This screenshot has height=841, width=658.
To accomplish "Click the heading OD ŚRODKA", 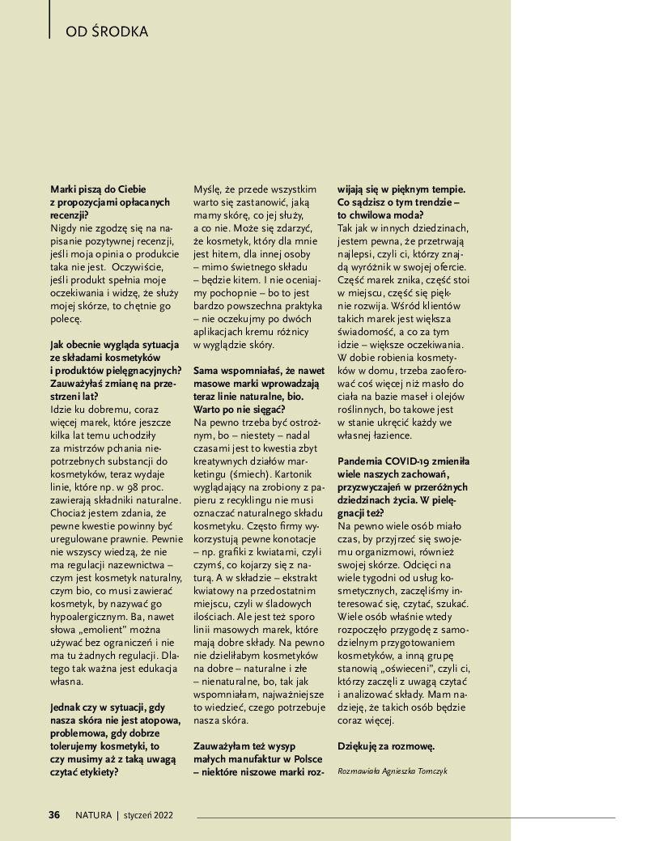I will [107, 32].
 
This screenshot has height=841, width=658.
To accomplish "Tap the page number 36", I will [54, 815].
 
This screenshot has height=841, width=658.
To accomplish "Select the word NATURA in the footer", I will [93, 815].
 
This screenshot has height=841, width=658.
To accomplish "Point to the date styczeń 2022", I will [148, 815].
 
